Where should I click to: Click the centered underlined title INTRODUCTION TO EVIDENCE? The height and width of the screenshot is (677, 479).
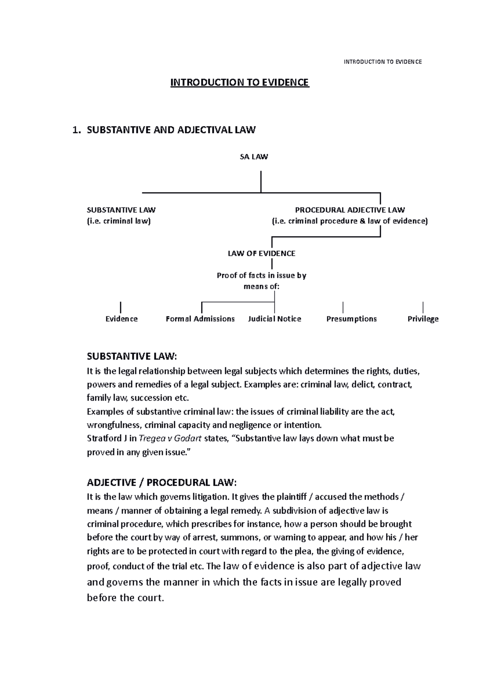click(239, 83)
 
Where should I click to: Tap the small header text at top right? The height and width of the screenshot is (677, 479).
click(383, 62)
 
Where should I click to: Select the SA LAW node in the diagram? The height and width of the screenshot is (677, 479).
click(253, 157)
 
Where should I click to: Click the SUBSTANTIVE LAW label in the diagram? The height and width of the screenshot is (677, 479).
click(121, 210)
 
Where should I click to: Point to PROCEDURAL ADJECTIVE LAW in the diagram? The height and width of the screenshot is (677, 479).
click(350, 210)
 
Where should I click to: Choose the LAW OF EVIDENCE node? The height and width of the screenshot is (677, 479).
click(261, 253)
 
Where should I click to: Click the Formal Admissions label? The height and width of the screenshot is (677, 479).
click(200, 319)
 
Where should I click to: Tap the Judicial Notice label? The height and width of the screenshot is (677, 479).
click(274, 319)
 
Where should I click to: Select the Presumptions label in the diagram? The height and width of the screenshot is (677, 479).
click(351, 319)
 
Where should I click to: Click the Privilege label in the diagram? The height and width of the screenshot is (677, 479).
click(423, 319)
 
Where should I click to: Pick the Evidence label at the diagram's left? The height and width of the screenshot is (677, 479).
click(121, 319)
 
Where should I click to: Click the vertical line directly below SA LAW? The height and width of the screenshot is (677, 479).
click(261, 181)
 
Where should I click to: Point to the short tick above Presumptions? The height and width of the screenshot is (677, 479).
click(343, 307)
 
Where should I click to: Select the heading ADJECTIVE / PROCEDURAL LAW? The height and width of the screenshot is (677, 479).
click(162, 482)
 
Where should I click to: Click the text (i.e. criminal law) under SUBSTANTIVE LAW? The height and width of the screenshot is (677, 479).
click(119, 221)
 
